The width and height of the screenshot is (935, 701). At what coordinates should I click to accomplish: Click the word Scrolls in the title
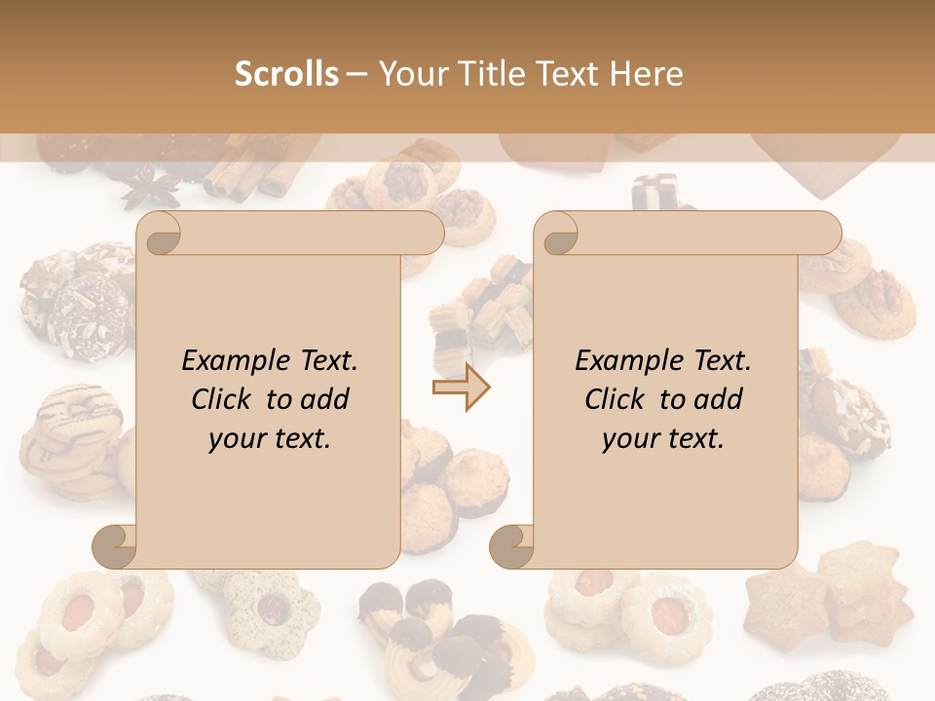click(x=286, y=74)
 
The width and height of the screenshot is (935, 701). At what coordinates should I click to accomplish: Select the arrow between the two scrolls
click(x=461, y=387)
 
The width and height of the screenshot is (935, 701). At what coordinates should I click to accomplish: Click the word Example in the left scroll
click(x=231, y=361)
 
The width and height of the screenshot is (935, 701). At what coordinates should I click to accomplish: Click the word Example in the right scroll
click(x=624, y=361)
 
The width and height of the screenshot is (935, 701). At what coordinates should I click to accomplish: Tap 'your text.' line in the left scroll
click(x=270, y=438)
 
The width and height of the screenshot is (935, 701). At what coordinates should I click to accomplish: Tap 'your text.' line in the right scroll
click(x=663, y=438)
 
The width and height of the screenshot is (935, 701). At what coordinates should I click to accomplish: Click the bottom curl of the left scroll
click(x=115, y=546)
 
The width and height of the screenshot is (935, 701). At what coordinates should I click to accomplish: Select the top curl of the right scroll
click(x=556, y=234)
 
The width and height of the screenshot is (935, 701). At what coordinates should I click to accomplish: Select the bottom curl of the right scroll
click(x=511, y=546)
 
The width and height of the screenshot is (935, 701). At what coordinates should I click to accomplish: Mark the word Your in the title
click(x=413, y=74)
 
